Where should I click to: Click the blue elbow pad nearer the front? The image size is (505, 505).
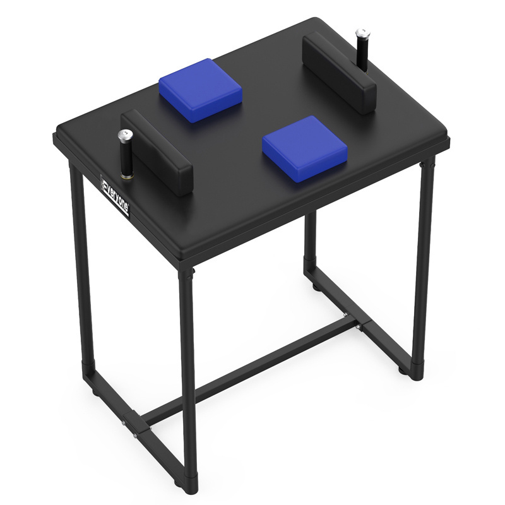[305, 148]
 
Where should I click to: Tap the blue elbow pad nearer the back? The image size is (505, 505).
[200, 90]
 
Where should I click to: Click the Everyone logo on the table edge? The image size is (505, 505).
[116, 196]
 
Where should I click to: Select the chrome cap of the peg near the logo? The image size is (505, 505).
[125, 134]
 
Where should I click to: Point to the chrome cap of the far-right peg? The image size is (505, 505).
[362, 33]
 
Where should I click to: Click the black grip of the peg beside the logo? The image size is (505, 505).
[126, 157]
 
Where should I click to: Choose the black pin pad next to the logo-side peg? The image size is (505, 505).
[157, 152]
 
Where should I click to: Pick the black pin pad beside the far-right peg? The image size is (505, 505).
[340, 73]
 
